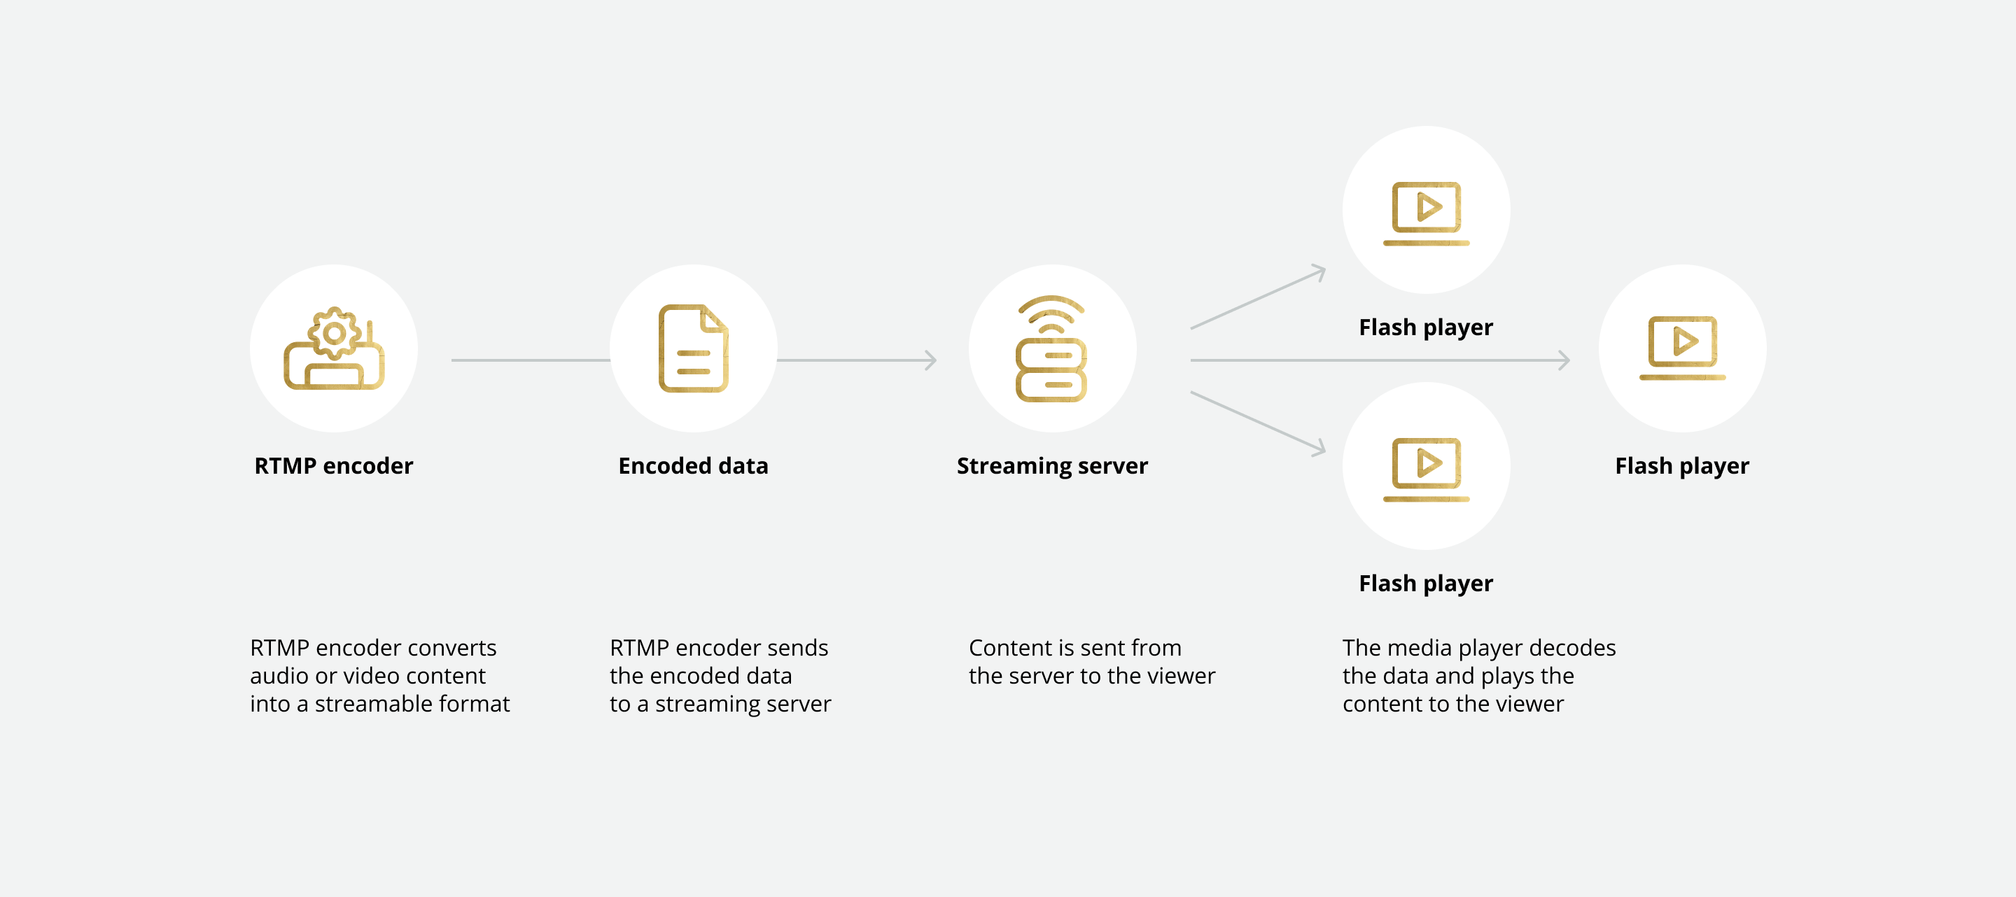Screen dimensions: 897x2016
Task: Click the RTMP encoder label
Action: click(333, 466)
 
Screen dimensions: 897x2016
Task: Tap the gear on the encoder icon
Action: click(334, 334)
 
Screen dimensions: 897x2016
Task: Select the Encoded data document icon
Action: click(694, 348)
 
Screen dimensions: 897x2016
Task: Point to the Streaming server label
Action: click(1052, 466)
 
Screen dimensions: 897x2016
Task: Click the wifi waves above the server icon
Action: click(1051, 312)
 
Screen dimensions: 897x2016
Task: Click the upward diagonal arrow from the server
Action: click(1259, 298)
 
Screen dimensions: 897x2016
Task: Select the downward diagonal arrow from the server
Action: click(1259, 423)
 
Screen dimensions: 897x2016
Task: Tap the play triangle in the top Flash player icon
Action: click(1428, 207)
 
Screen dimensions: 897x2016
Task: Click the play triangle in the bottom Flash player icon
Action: click(1428, 463)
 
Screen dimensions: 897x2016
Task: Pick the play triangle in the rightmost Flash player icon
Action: click(1684, 341)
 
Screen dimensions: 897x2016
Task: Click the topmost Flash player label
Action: click(1425, 327)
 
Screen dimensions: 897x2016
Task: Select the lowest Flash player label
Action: click(1425, 584)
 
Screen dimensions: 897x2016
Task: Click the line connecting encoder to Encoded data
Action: click(530, 360)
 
